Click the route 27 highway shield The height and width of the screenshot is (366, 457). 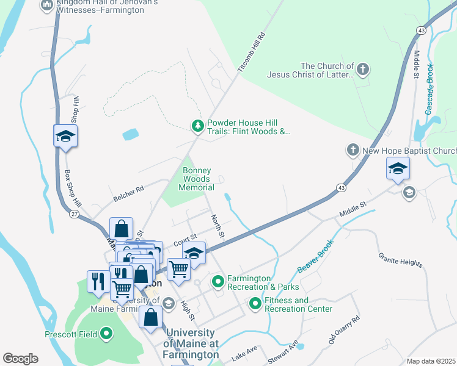73,214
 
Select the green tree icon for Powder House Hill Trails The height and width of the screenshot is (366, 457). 197,126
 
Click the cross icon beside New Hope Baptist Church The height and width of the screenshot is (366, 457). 353,150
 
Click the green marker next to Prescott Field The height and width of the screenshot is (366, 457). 106,334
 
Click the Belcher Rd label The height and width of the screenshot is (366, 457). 128,194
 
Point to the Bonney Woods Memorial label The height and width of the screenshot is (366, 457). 196,179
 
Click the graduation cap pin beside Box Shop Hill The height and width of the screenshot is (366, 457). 65,136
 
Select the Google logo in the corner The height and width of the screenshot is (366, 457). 20,358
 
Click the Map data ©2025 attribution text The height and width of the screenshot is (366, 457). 430,361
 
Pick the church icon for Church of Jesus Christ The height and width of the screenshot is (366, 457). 363,70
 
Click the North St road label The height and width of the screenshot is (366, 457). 218,227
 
